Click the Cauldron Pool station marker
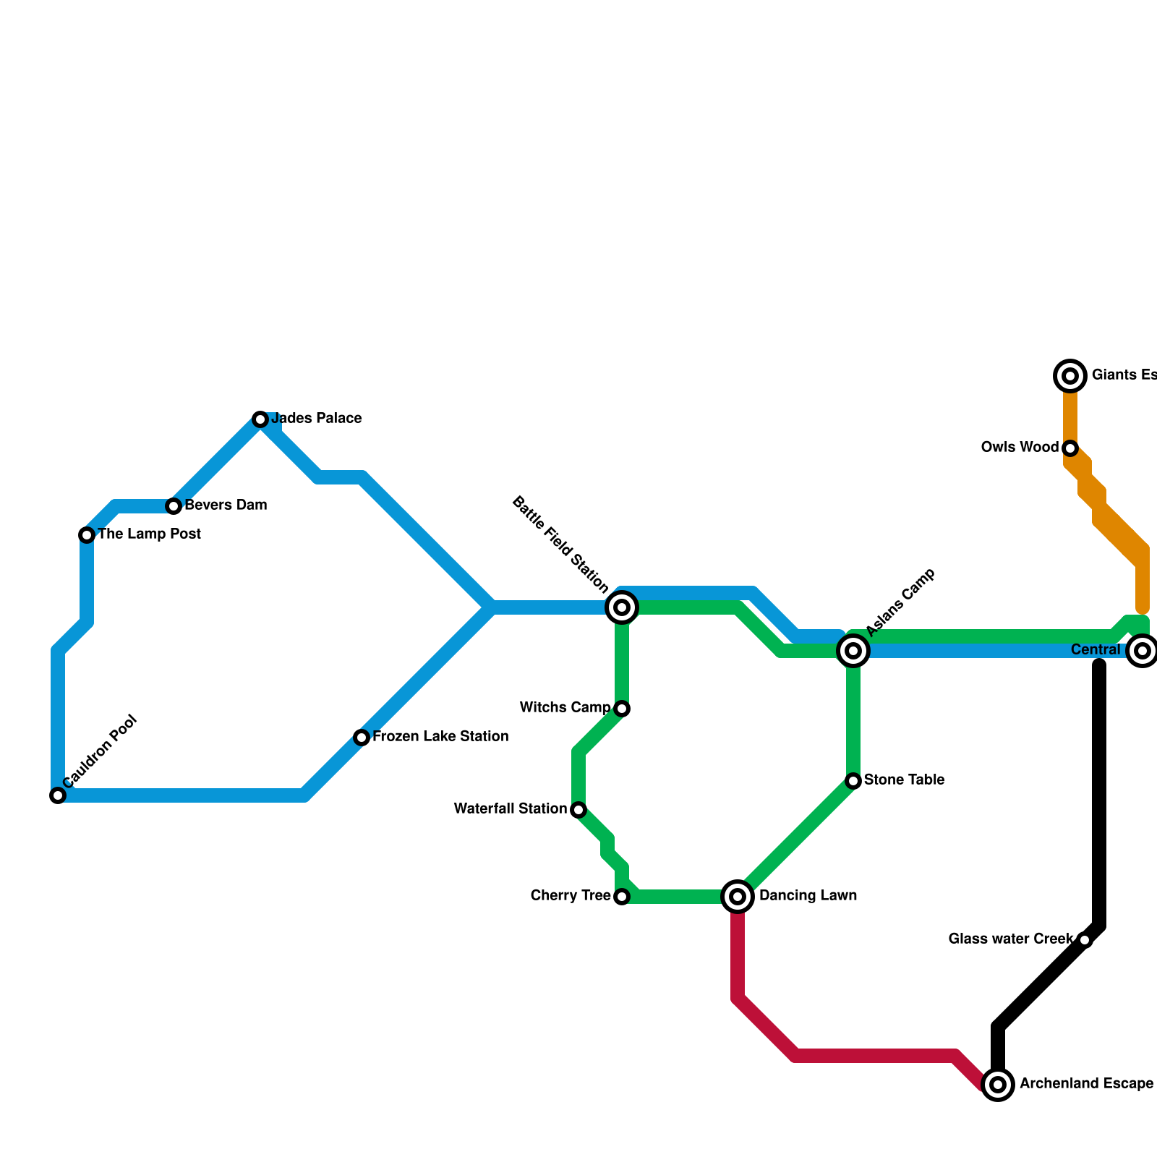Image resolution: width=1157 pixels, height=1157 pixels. (58, 795)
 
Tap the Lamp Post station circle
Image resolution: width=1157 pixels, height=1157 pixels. (87, 535)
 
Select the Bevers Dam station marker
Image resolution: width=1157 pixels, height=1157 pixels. (174, 506)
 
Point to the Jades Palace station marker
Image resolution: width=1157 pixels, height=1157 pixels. (260, 419)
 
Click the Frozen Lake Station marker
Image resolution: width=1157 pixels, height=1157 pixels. (362, 738)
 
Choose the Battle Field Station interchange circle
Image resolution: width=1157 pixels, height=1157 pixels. (622, 607)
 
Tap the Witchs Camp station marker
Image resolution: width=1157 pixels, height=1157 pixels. (622, 709)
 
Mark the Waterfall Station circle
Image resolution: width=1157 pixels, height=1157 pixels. (578, 810)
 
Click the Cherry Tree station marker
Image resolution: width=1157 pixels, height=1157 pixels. (622, 897)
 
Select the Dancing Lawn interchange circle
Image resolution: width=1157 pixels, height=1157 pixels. (738, 897)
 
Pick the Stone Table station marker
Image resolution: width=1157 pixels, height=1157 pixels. (853, 781)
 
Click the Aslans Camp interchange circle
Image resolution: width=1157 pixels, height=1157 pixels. (853, 651)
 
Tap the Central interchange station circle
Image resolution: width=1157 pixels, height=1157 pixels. (1143, 651)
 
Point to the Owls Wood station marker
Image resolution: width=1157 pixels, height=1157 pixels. (1070, 448)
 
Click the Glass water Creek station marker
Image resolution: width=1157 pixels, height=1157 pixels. (1085, 940)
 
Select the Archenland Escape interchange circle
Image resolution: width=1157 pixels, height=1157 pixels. (998, 1085)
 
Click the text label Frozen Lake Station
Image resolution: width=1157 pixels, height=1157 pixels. (440, 737)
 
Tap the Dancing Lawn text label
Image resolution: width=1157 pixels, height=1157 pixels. (808, 896)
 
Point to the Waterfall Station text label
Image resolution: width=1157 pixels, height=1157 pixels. (510, 808)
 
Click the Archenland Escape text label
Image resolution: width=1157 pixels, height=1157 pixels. (1086, 1084)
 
